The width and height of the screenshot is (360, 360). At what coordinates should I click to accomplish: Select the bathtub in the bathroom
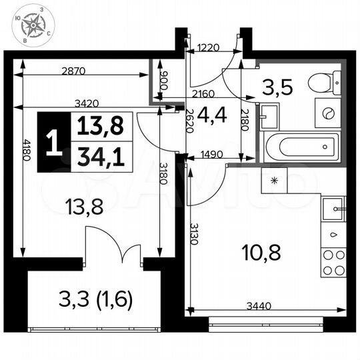(302, 145)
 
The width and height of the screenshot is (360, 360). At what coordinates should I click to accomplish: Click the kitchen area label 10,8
(257, 252)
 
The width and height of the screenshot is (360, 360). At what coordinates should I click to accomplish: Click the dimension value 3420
(87, 103)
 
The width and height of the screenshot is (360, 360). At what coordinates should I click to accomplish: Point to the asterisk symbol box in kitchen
(274, 181)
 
